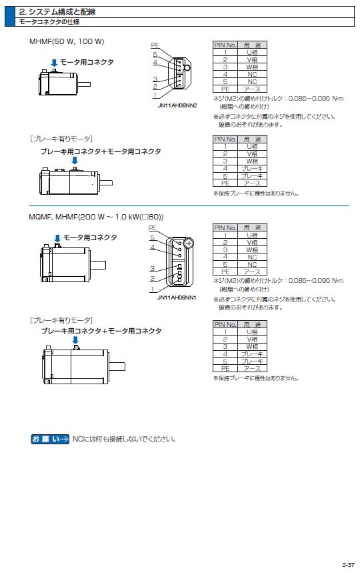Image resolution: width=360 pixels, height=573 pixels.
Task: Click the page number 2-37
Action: pyautogui.click(x=348, y=564)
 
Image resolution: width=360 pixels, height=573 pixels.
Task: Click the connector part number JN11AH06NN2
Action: pyautogui.click(x=177, y=105)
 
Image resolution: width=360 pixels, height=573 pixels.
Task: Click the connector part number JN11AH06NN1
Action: pyautogui.click(x=177, y=298)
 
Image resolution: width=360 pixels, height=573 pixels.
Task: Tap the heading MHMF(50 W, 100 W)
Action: pyautogui.click(x=67, y=41)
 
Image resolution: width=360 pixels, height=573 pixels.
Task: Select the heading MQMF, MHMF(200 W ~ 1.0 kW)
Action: pyautogui.click(x=96, y=217)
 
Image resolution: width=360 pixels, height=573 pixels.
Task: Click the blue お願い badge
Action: pyautogui.click(x=50, y=439)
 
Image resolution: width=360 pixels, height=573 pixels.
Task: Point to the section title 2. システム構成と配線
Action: pyautogui.click(x=57, y=12)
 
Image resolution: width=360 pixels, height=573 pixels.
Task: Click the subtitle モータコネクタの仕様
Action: pyautogui.click(x=49, y=22)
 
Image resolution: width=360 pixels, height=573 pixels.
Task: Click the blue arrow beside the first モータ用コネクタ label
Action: pyautogui.click(x=54, y=63)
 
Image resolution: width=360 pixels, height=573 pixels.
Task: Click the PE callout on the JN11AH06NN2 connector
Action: pyautogui.click(x=155, y=45)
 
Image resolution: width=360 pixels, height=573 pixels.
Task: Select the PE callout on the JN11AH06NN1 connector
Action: pyautogui.click(x=152, y=227)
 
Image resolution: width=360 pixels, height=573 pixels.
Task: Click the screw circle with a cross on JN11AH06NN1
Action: pyautogui.click(x=189, y=243)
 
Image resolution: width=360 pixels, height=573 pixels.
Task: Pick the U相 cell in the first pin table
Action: pyautogui.click(x=252, y=52)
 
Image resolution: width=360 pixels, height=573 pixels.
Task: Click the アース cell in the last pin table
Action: pyautogui.click(x=252, y=368)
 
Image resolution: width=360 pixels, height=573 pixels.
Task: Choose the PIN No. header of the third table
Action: pyautogui.click(x=225, y=227)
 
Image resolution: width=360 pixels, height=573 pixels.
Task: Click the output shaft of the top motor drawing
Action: pyautogui.click(x=83, y=85)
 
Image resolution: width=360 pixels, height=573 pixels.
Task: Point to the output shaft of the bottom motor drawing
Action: pyautogui.click(x=117, y=366)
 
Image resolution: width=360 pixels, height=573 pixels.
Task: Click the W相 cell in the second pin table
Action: pyautogui.click(x=252, y=161)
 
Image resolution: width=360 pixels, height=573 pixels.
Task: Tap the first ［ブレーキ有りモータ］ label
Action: pyautogui.click(x=61, y=139)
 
